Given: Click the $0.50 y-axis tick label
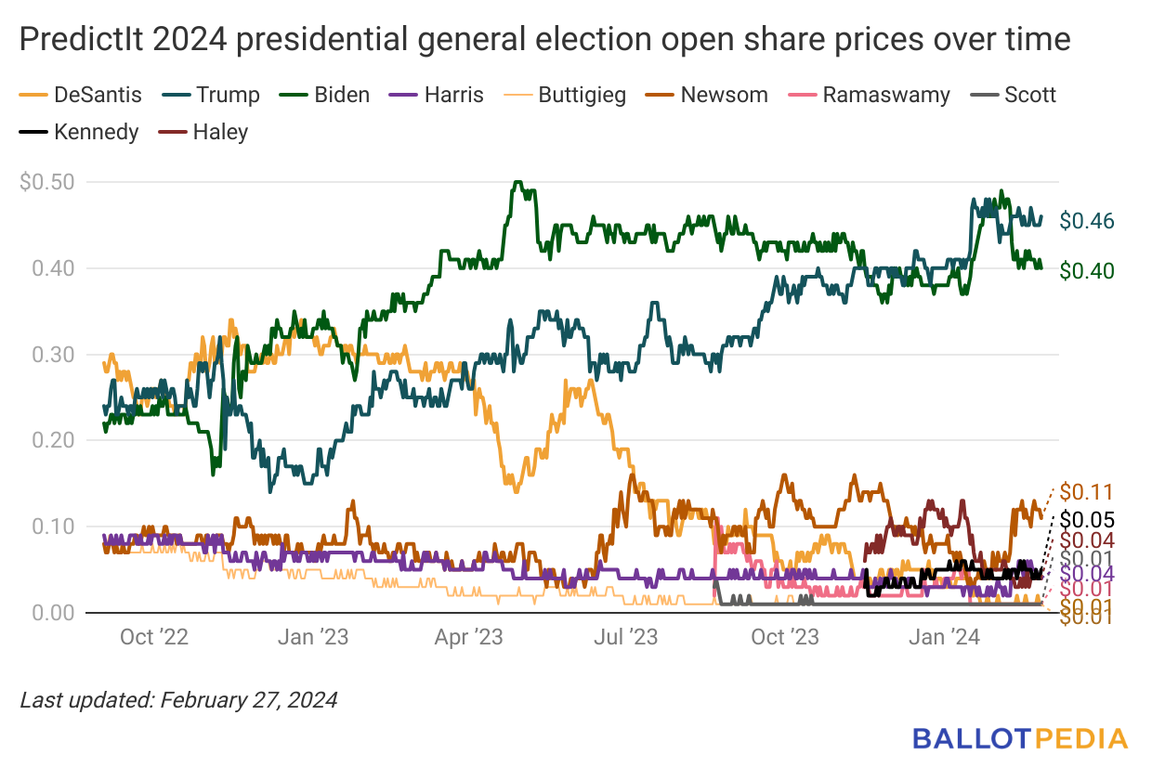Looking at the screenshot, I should pos(48,182).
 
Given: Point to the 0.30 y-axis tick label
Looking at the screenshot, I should pos(54,355).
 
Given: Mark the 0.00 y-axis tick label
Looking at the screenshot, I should pos(54,613).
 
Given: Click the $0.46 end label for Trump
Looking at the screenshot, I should pos(1087,221).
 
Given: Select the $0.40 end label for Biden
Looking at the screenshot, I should pos(1087,270).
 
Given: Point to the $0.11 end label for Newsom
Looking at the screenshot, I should pos(1087,492).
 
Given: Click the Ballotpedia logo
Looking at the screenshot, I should pos(1019,738).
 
